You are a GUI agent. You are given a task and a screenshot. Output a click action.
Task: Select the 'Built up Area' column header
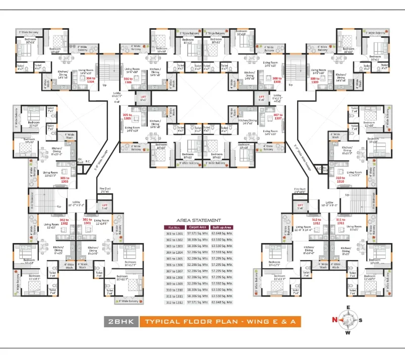222,227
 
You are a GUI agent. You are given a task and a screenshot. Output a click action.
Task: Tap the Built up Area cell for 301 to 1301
222,233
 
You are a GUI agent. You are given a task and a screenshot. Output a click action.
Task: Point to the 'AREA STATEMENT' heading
198,220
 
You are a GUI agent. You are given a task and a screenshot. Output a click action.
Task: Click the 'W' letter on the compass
346,332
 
